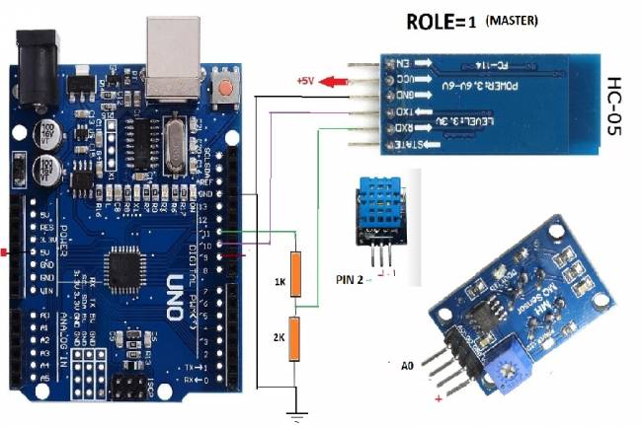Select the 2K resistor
[293, 338]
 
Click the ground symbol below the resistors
[293, 413]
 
